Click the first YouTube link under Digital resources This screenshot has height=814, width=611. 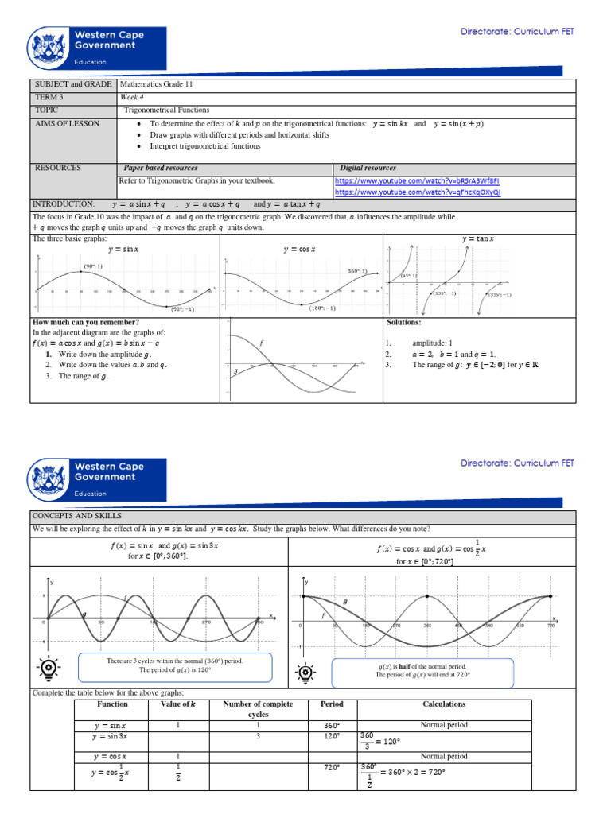[x=417, y=180]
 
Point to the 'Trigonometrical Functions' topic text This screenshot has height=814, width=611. [x=166, y=110]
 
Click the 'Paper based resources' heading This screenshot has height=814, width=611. [x=161, y=168]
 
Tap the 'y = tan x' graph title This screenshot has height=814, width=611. [x=477, y=238]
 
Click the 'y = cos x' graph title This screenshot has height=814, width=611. [x=300, y=249]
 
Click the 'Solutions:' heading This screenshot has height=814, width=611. [x=403, y=322]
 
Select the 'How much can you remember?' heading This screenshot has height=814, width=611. [x=86, y=322]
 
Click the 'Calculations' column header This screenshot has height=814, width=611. [x=445, y=704]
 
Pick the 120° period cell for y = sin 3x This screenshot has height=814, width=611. [x=332, y=737]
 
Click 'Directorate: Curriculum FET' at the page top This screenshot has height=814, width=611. [x=517, y=32]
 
